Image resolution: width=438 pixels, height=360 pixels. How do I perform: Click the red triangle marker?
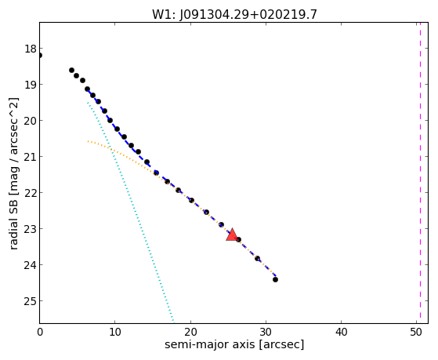(x=232, y=235)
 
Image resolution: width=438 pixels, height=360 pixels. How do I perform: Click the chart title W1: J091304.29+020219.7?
(x=234, y=14)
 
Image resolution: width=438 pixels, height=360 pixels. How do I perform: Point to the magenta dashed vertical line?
(x=420, y=173)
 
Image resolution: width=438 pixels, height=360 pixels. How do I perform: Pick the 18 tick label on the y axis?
(x=31, y=49)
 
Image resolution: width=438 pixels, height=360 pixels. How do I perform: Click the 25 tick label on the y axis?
(x=31, y=301)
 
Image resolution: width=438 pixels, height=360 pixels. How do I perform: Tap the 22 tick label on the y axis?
(x=31, y=193)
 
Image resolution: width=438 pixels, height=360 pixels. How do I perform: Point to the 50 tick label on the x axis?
(x=416, y=333)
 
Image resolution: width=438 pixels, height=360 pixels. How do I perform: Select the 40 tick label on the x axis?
(x=341, y=333)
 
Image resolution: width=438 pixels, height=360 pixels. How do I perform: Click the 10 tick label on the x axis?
(x=115, y=333)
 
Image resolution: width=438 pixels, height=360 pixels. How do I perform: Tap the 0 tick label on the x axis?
(x=40, y=333)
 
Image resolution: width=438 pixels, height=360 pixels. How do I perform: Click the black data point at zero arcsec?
(x=40, y=56)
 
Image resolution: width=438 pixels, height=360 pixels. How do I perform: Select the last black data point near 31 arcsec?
(x=275, y=279)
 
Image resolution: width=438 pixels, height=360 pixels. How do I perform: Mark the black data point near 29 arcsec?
(x=257, y=258)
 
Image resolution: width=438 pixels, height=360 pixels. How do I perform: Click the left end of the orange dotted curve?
(x=88, y=141)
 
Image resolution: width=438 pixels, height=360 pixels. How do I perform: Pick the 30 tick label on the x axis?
(x=266, y=333)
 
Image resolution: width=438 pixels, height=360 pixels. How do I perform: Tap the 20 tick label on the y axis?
(x=31, y=121)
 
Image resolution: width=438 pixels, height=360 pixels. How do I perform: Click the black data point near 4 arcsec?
(x=71, y=70)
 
